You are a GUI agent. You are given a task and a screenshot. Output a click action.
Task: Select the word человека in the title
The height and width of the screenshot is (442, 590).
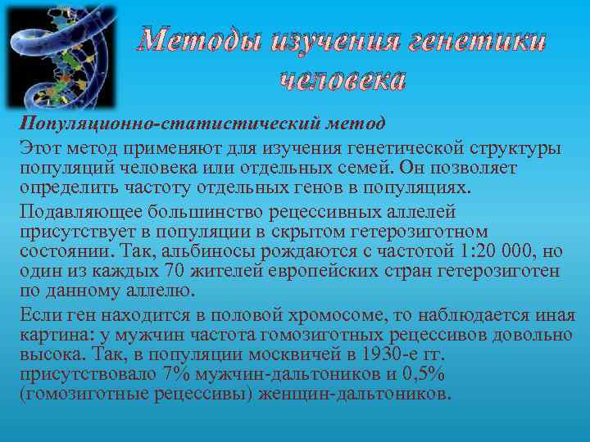click(x=342, y=79)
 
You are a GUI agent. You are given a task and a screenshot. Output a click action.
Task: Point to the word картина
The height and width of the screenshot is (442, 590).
click(x=51, y=335)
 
